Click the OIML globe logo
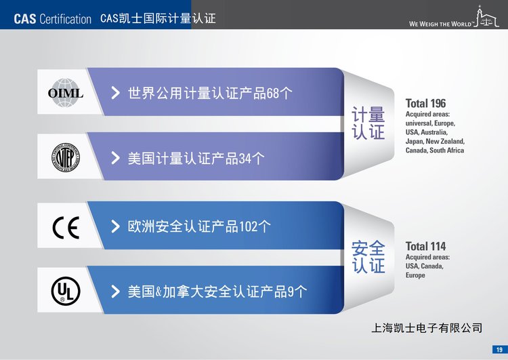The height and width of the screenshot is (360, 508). pyautogui.click(x=66, y=93)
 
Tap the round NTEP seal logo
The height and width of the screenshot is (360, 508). pyautogui.click(x=66, y=157)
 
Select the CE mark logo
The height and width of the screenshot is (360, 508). pyautogui.click(x=66, y=227)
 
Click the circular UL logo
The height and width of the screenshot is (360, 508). pyautogui.click(x=66, y=291)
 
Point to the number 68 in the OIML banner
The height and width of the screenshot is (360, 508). pyautogui.click(x=272, y=94)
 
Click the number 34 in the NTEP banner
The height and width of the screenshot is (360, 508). pyautogui.click(x=245, y=159)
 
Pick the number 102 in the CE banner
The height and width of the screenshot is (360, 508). pyautogui.click(x=248, y=226)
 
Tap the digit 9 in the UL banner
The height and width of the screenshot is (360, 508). pyautogui.click(x=291, y=292)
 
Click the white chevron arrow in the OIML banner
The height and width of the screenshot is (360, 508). pyautogui.click(x=115, y=93)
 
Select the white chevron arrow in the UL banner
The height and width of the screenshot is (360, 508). pyautogui.click(x=115, y=292)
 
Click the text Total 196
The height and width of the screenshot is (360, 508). pyautogui.click(x=426, y=104)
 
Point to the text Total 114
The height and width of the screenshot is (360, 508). pyautogui.click(x=426, y=247)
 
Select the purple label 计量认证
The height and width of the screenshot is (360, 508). pyautogui.click(x=368, y=123)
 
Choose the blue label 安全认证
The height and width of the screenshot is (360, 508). pyautogui.click(x=368, y=257)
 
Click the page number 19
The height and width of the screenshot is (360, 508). pyautogui.click(x=499, y=350)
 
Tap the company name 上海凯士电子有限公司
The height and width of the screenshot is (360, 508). pyautogui.click(x=427, y=328)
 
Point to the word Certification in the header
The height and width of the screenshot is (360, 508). pyautogui.click(x=66, y=19)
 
